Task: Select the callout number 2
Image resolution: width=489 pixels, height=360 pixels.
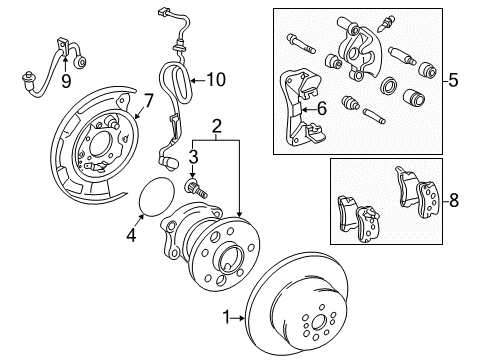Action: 216,125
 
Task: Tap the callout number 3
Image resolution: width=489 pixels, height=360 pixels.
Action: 195,156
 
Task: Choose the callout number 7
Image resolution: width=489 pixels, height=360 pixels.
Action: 147,101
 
